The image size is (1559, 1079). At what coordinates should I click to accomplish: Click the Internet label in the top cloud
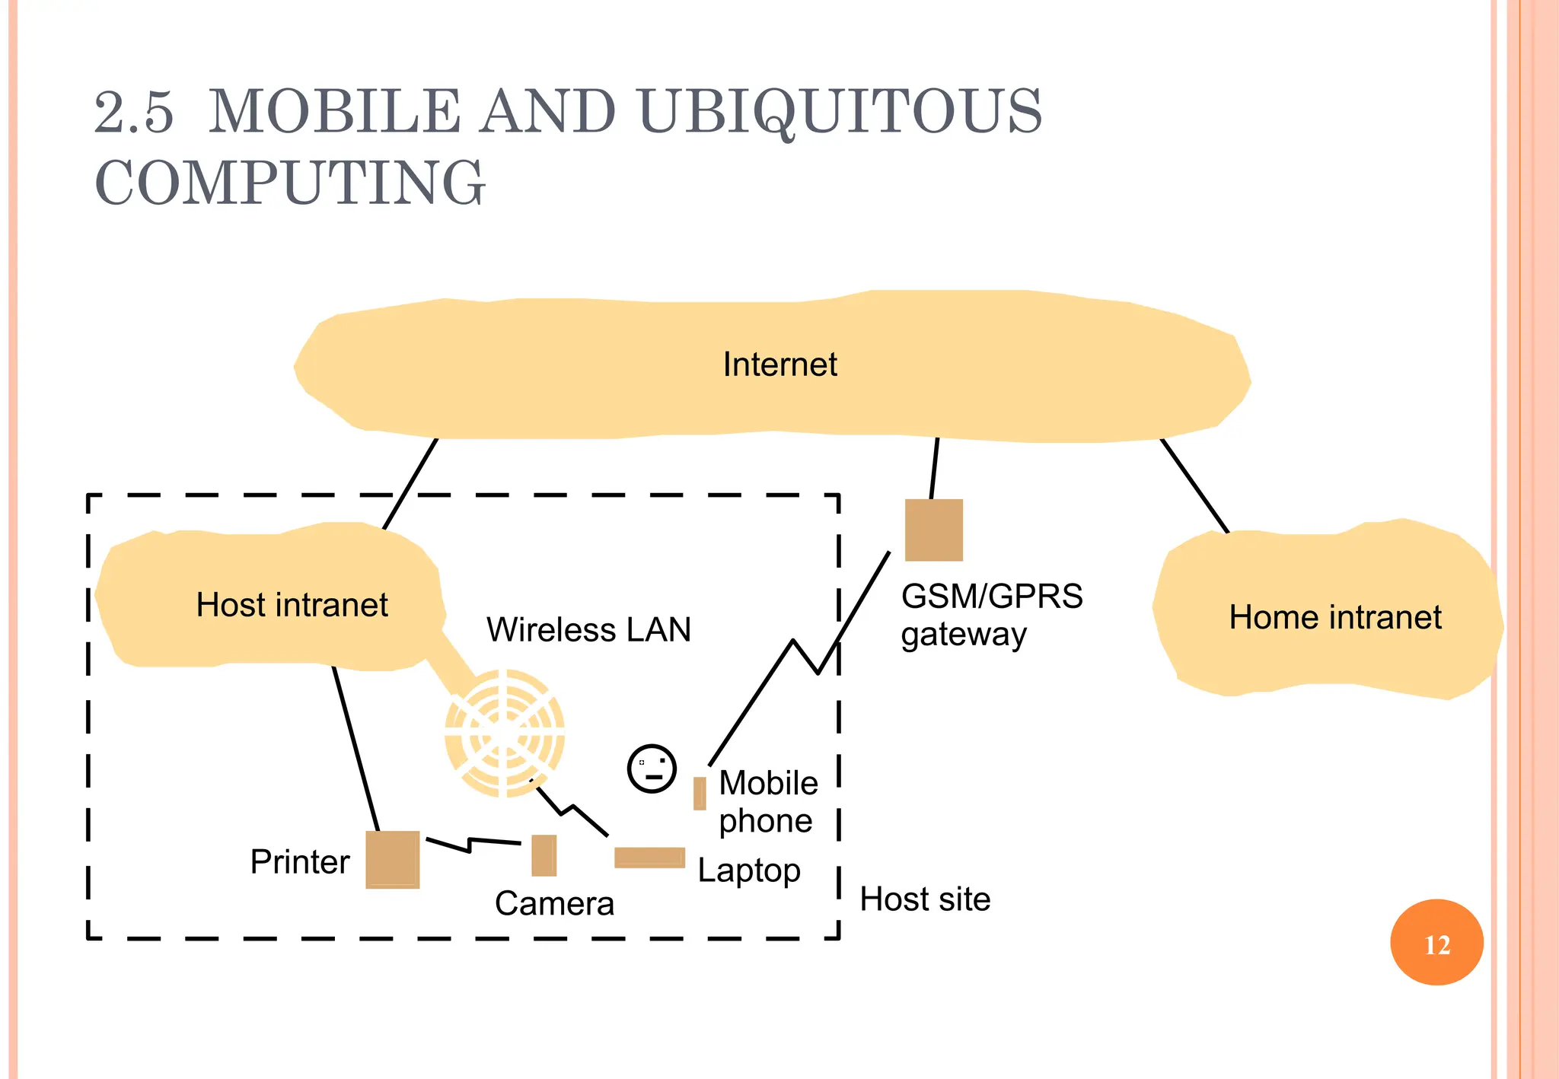(779, 364)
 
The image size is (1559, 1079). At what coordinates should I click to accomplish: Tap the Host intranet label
(292, 605)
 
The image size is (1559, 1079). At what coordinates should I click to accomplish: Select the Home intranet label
(1334, 617)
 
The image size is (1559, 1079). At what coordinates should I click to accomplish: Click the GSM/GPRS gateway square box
(933, 530)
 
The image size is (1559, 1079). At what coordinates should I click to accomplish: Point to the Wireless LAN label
(588, 630)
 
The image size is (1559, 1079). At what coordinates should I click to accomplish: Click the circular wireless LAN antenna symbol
(505, 733)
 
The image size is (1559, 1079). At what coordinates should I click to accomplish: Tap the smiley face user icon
(652, 769)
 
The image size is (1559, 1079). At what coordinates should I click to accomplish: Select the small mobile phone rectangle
(700, 793)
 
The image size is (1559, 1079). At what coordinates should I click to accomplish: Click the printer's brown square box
(392, 859)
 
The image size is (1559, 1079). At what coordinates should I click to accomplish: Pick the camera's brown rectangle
(544, 855)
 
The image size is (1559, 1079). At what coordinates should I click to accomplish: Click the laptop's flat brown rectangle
(649, 858)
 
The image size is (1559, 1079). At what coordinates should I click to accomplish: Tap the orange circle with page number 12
(1436, 943)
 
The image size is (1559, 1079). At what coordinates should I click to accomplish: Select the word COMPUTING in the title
(289, 183)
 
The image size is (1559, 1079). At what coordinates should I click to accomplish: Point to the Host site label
(925, 899)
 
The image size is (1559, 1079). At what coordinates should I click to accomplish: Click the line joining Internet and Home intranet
(1194, 485)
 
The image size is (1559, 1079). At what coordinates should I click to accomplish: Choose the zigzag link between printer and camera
(472, 843)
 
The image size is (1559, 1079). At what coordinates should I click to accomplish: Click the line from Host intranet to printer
(355, 750)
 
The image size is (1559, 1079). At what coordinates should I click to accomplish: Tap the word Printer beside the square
(300, 862)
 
